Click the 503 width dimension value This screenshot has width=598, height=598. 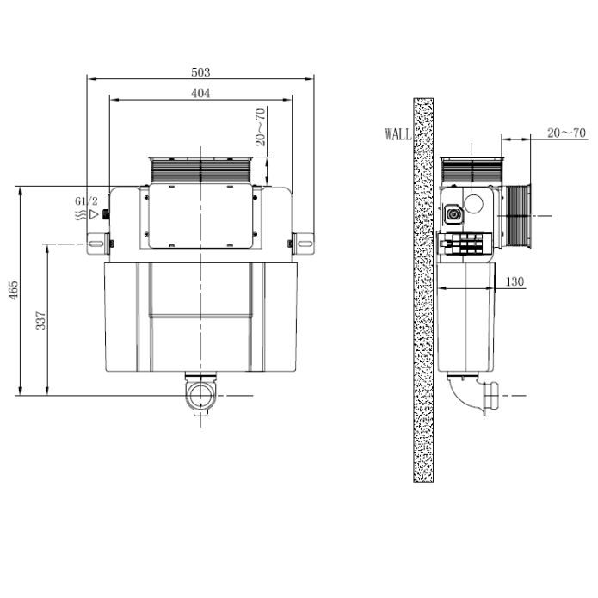coord(200,72)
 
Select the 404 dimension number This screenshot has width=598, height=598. coord(200,93)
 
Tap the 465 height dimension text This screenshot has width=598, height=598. coord(13,290)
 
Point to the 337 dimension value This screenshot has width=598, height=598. coord(40,320)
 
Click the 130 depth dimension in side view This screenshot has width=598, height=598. coord(515,281)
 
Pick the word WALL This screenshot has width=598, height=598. coord(398,134)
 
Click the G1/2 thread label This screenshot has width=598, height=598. coord(86,201)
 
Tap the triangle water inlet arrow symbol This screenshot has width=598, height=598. coord(94,214)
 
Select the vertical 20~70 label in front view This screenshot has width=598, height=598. coord(260,127)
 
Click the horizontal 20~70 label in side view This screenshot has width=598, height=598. coord(566,133)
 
